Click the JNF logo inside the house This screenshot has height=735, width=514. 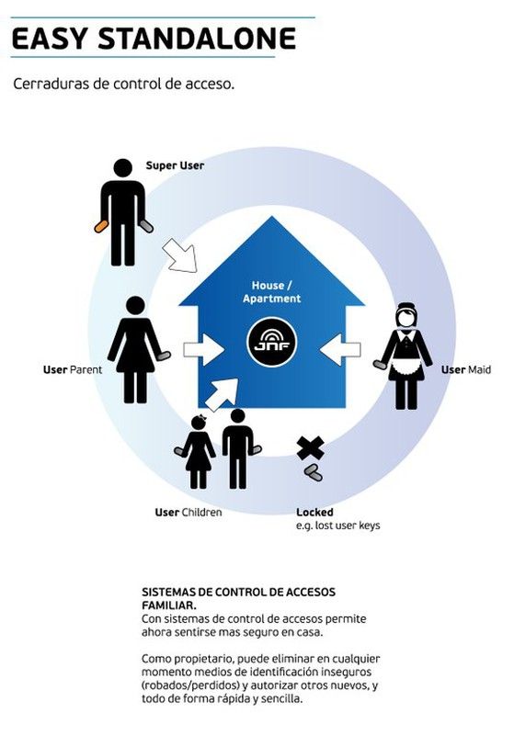[272, 342]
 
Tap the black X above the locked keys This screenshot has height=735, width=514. [311, 448]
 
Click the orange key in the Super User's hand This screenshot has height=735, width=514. [100, 226]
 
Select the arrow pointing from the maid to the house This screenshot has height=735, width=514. [340, 349]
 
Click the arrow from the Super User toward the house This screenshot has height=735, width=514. [181, 255]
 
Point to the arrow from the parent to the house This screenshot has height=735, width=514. [203, 350]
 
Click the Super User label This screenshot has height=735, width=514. [175, 165]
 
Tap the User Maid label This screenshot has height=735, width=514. [465, 370]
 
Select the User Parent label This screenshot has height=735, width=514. [73, 370]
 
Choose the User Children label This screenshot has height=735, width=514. [188, 513]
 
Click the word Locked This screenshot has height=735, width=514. [314, 513]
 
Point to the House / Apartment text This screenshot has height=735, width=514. [272, 291]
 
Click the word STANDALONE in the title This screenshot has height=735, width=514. [197, 39]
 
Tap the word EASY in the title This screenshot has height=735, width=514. [50, 39]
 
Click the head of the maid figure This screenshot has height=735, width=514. [406, 315]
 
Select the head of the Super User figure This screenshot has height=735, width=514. [123, 168]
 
